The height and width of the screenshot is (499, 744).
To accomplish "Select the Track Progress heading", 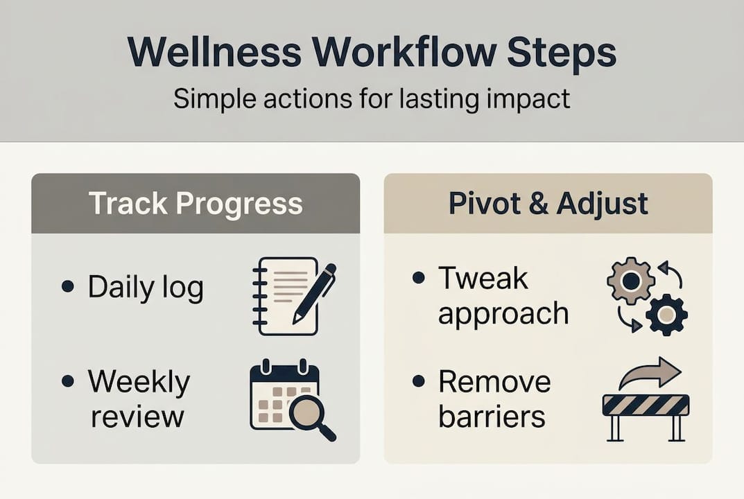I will pos(196,204).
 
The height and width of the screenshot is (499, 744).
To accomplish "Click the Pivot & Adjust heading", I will pos(548,204).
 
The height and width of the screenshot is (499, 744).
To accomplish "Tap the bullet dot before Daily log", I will pos(67,286).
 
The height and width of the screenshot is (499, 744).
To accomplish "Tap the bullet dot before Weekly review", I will pos(67,380).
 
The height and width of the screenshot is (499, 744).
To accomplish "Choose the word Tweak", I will pos(483,279).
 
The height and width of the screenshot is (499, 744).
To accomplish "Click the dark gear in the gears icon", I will pos(666,315).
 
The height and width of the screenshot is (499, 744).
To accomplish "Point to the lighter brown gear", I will pos(630,280).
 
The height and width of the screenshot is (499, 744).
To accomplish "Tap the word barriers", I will pos(492,417).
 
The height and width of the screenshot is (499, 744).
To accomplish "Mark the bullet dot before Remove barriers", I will pos(418,380).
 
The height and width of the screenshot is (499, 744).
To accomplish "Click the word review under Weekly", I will pos(137,417).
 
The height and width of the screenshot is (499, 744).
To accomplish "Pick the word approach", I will pos(503,314).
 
